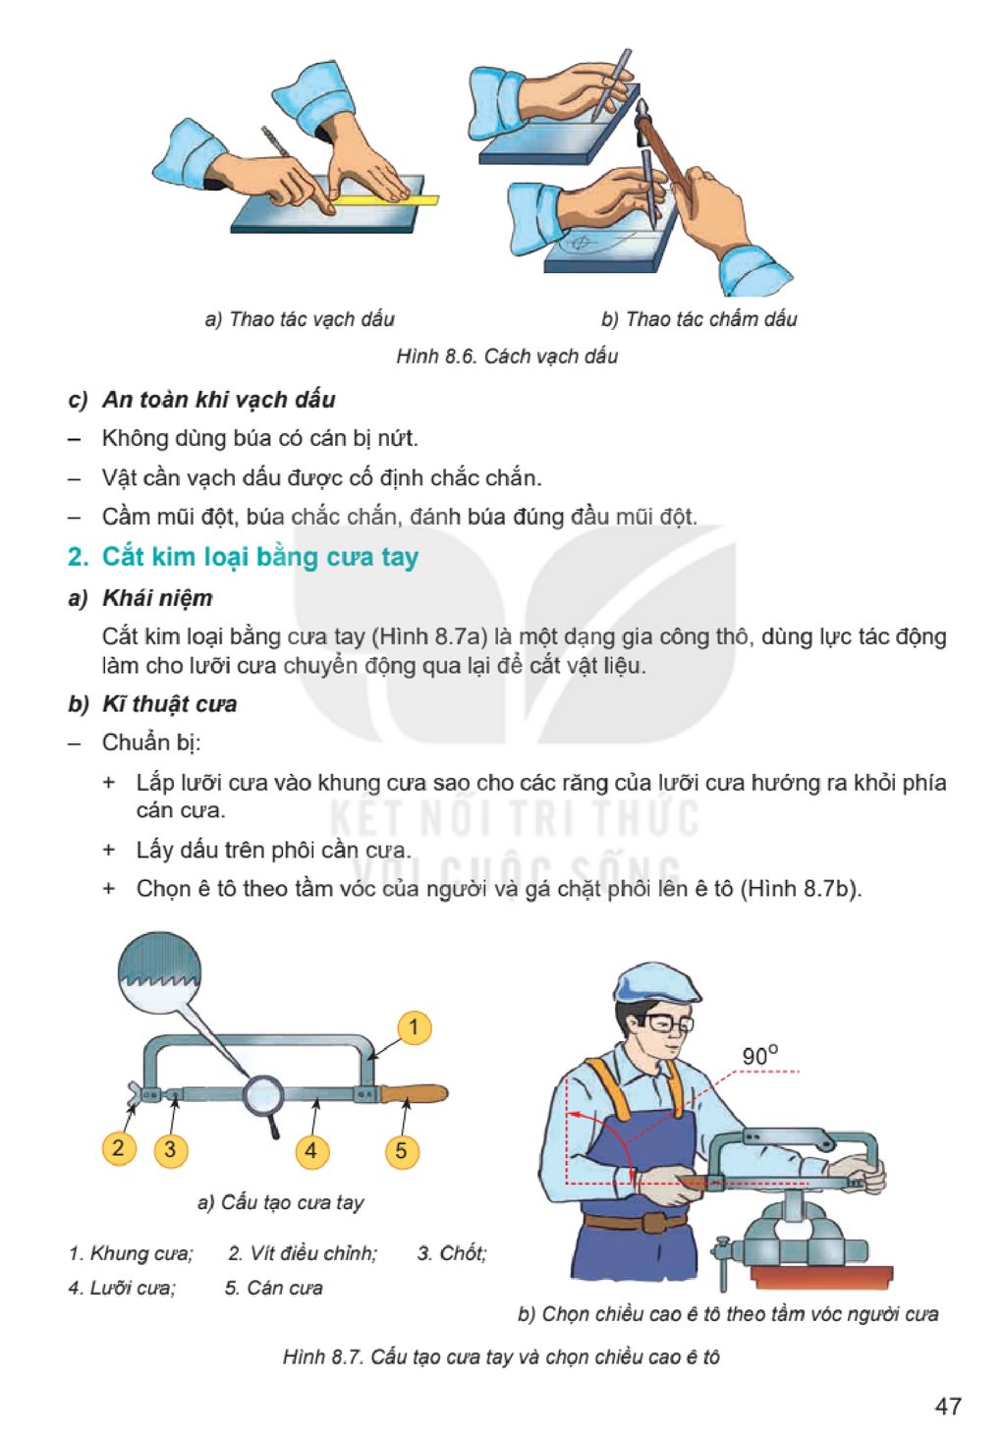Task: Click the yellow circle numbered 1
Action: (x=414, y=1027)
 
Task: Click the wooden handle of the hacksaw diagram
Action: (x=415, y=1093)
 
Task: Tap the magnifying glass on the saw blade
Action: (x=264, y=1101)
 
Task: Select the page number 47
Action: (x=948, y=1406)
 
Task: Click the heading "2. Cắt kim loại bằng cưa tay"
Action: (x=243, y=556)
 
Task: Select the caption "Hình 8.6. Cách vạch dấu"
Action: (x=507, y=356)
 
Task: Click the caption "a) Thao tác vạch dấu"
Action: (x=300, y=318)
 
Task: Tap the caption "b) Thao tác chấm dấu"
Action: (x=699, y=318)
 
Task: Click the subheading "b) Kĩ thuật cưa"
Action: (x=152, y=704)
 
